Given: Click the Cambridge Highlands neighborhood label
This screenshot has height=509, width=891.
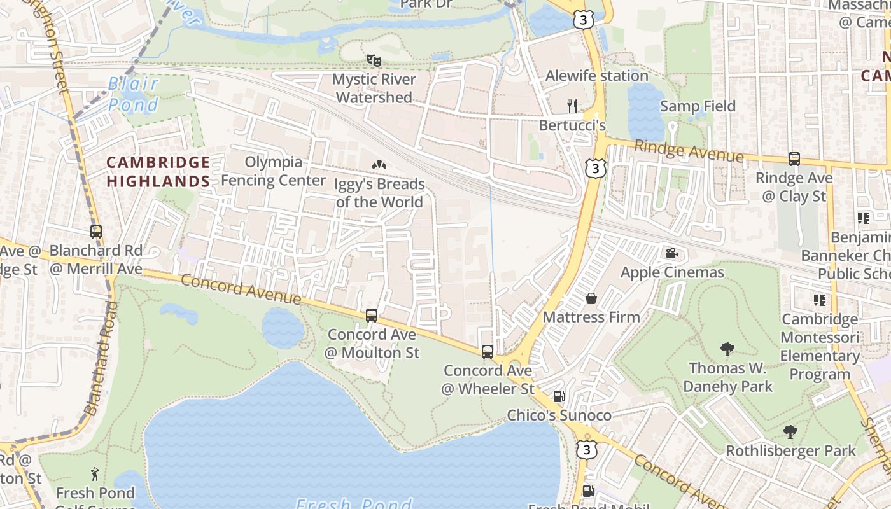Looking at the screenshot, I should [x=158, y=172].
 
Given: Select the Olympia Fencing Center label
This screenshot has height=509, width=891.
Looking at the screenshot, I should [x=273, y=171].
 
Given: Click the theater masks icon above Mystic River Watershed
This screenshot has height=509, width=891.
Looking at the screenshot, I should [x=374, y=60].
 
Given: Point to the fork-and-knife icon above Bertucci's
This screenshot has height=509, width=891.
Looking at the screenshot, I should [x=572, y=106].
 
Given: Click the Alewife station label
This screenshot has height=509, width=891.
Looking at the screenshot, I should [x=596, y=76].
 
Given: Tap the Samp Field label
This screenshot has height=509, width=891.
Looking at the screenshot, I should [x=698, y=106].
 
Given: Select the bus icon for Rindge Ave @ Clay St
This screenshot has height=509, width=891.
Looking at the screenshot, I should [x=794, y=159].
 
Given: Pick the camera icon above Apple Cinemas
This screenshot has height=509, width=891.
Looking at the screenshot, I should [x=671, y=253].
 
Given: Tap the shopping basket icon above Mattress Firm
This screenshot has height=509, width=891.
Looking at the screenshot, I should [x=591, y=298].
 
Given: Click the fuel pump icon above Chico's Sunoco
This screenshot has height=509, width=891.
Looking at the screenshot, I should [x=559, y=396].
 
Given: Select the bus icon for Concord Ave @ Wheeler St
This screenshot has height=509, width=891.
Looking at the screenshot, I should [x=487, y=351].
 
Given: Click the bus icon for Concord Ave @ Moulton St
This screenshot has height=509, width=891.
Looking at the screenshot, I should [x=372, y=315].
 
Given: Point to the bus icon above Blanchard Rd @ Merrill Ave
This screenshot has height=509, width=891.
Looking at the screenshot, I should [x=96, y=232].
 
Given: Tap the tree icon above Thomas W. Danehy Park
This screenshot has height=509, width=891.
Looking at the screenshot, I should [x=727, y=349].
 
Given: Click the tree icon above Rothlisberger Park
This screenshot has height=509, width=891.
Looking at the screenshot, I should [x=790, y=432].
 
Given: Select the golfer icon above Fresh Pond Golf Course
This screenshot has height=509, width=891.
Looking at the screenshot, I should [x=95, y=474].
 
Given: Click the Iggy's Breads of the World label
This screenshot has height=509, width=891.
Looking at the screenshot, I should [x=379, y=193].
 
